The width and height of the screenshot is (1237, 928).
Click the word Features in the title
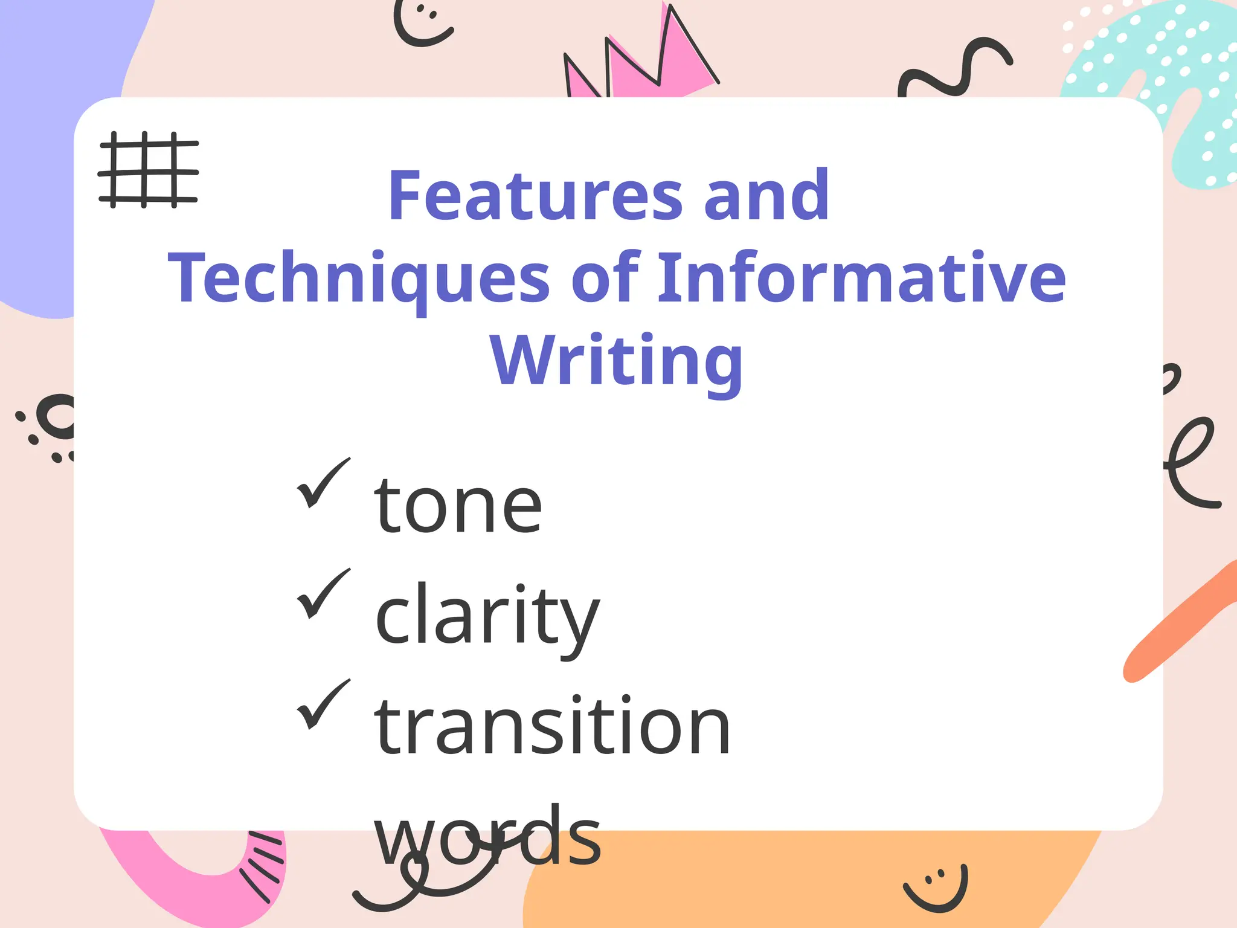pyautogui.click(x=535, y=196)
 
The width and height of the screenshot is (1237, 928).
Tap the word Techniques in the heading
pyautogui.click(x=359, y=278)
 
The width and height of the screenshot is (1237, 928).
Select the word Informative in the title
pyautogui.click(x=861, y=278)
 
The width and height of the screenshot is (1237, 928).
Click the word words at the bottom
pyautogui.click(x=487, y=836)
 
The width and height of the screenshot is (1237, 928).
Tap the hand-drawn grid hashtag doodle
pyautogui.click(x=148, y=170)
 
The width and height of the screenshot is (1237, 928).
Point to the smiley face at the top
pyautogui.click(x=422, y=23)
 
